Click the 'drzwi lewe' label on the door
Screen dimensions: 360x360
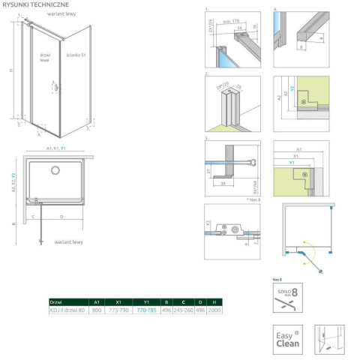tap(44, 58)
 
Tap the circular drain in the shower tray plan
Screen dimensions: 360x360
tap(55, 171)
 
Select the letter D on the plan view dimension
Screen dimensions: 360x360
tap(61, 217)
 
